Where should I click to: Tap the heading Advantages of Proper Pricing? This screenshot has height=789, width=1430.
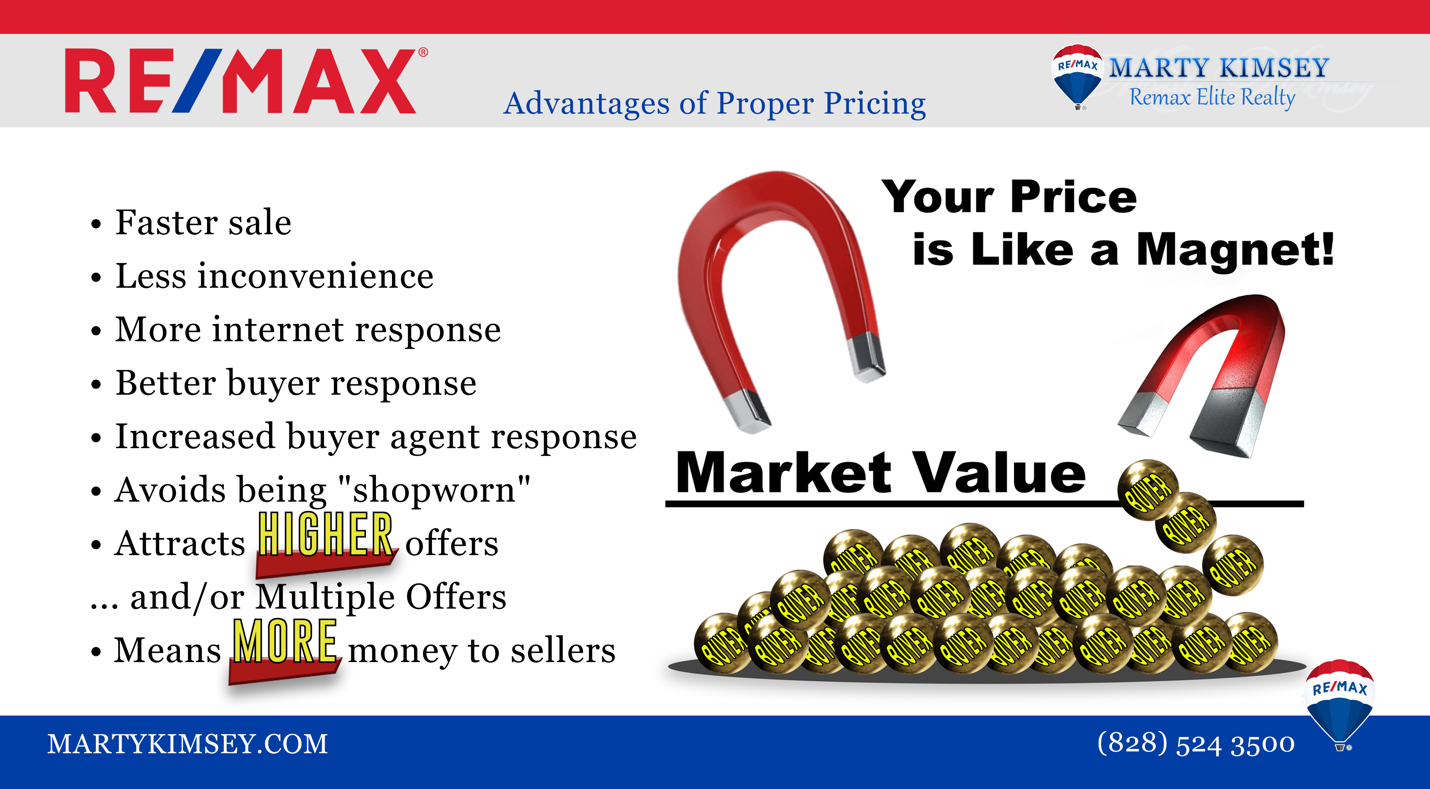tap(714, 104)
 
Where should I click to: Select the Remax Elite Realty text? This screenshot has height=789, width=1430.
tap(1212, 97)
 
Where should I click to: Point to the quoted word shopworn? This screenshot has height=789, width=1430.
tap(434, 490)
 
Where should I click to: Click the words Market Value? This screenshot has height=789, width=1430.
tap(881, 473)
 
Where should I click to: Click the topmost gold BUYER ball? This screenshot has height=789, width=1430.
tap(1148, 490)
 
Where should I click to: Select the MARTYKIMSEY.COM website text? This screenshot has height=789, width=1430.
tap(188, 744)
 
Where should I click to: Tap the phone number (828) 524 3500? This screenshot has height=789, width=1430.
tap(1196, 743)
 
